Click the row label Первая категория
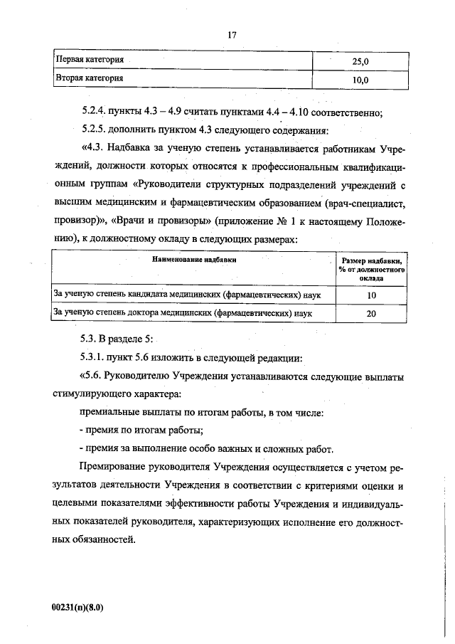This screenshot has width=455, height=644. tap(90, 61)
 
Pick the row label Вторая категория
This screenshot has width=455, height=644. tap(89, 78)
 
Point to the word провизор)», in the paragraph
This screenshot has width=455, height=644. tap(74, 221)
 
